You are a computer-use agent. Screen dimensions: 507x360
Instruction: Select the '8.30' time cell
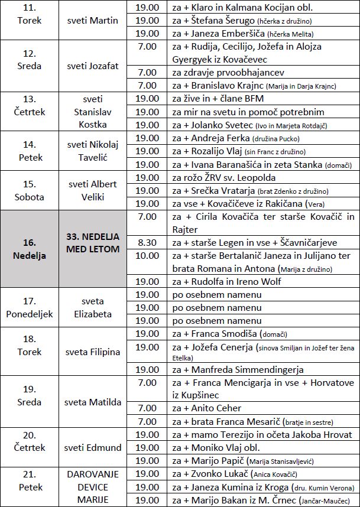[147, 242]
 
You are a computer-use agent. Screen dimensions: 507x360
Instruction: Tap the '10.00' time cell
[147, 255]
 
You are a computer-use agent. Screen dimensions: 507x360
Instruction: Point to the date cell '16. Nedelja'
[30, 249]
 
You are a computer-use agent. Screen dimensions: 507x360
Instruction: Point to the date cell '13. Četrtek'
[30, 105]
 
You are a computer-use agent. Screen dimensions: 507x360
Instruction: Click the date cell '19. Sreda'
[30, 396]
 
